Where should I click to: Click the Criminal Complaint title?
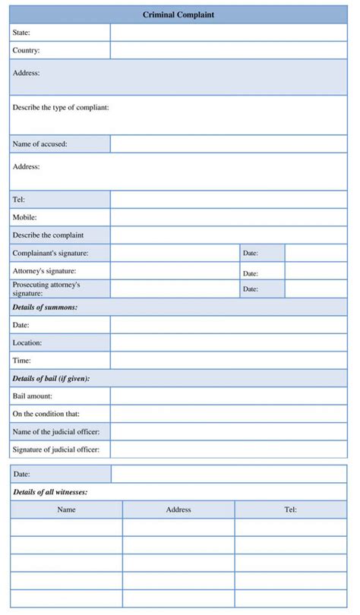(178, 14)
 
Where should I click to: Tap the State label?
(21, 33)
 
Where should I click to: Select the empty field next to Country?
(228, 50)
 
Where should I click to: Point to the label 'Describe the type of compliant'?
(61, 107)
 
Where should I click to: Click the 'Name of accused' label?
(39, 143)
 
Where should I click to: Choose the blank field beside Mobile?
(228, 217)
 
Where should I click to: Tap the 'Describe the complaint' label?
(48, 235)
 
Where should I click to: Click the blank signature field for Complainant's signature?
(174, 253)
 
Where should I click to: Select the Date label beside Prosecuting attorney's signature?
(251, 289)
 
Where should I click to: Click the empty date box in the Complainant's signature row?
(315, 253)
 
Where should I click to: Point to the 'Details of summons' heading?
(45, 307)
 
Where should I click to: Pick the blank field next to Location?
(228, 342)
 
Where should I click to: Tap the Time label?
(21, 361)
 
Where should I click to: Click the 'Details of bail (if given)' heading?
(51, 378)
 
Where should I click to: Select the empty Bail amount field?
(228, 396)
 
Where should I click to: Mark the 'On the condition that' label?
(46, 414)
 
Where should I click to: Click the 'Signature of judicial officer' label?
(56, 449)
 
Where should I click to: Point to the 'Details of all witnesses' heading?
(49, 492)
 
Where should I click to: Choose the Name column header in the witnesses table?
(66, 509)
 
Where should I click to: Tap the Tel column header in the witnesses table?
(290, 509)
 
